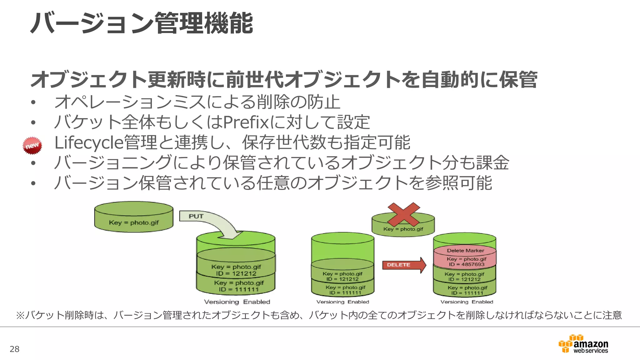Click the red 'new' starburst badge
pyautogui.click(x=32, y=146)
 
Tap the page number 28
pyautogui.click(x=14, y=349)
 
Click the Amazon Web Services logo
pyautogui.click(x=583, y=344)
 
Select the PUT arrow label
pyautogui.click(x=196, y=216)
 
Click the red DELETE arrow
pyautogui.click(x=404, y=265)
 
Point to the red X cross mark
pyautogui.click(x=403, y=214)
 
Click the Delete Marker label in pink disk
pyautogui.click(x=465, y=251)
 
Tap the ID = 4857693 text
pyautogui.click(x=467, y=264)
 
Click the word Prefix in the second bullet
pyautogui.click(x=246, y=122)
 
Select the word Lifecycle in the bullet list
pyautogui.click(x=89, y=142)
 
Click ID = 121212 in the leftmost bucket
pyautogui.click(x=236, y=274)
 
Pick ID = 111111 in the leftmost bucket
pyautogui.click(x=239, y=290)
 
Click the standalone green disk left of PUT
pyautogui.click(x=134, y=217)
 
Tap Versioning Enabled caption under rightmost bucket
pyautogui.click(x=467, y=302)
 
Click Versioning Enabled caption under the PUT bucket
pyautogui.click(x=237, y=302)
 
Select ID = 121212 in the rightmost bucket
pyautogui.click(x=464, y=279)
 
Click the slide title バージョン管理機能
pyautogui.click(x=142, y=23)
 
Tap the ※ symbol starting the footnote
pyautogui.click(x=20, y=315)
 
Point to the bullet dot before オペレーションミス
pyautogui.click(x=33, y=102)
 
